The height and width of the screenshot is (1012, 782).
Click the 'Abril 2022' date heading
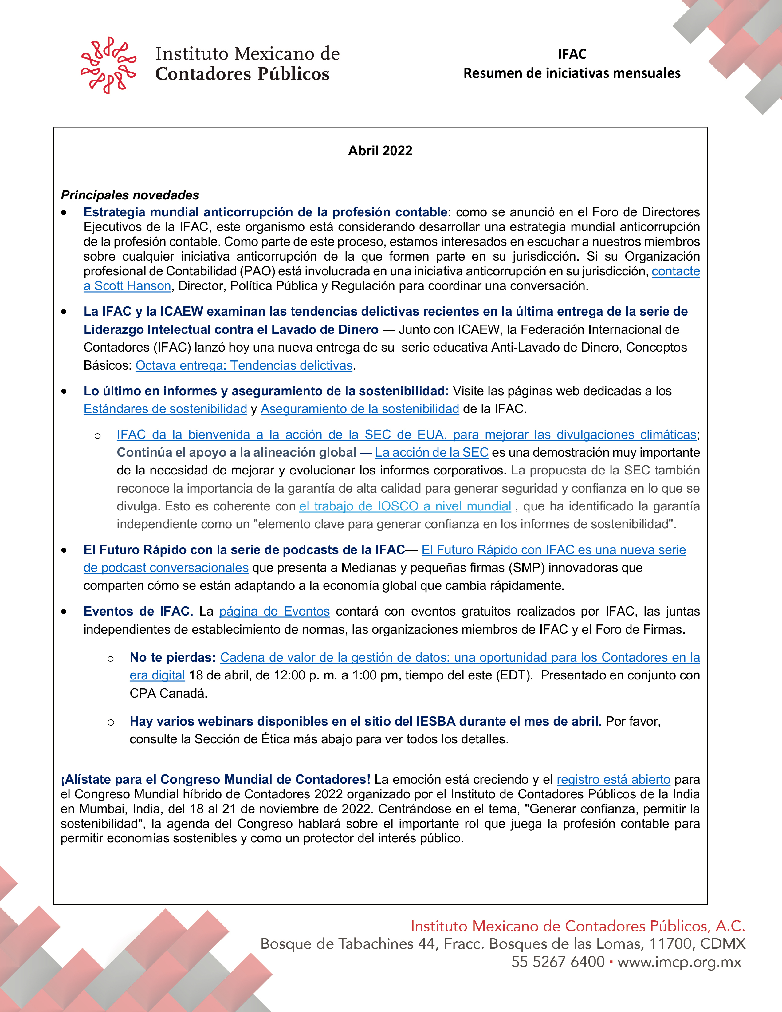pyautogui.click(x=380, y=151)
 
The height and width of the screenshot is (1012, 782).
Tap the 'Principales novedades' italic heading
pyautogui.click(x=130, y=195)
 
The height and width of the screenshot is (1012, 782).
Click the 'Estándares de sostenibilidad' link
pyautogui.click(x=165, y=409)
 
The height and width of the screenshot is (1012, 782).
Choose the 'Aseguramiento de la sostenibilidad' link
pyautogui.click(x=360, y=409)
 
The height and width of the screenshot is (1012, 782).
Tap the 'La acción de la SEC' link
pyautogui.click(x=432, y=452)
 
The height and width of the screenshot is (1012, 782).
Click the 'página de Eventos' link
pyautogui.click(x=274, y=611)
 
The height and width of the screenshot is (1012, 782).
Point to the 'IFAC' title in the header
pyautogui.click(x=572, y=54)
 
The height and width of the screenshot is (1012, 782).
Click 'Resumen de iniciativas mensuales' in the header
pyautogui.click(x=572, y=73)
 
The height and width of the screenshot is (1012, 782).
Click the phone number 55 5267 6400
pyautogui.click(x=558, y=962)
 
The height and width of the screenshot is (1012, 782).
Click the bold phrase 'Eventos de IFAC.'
pyautogui.click(x=138, y=611)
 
